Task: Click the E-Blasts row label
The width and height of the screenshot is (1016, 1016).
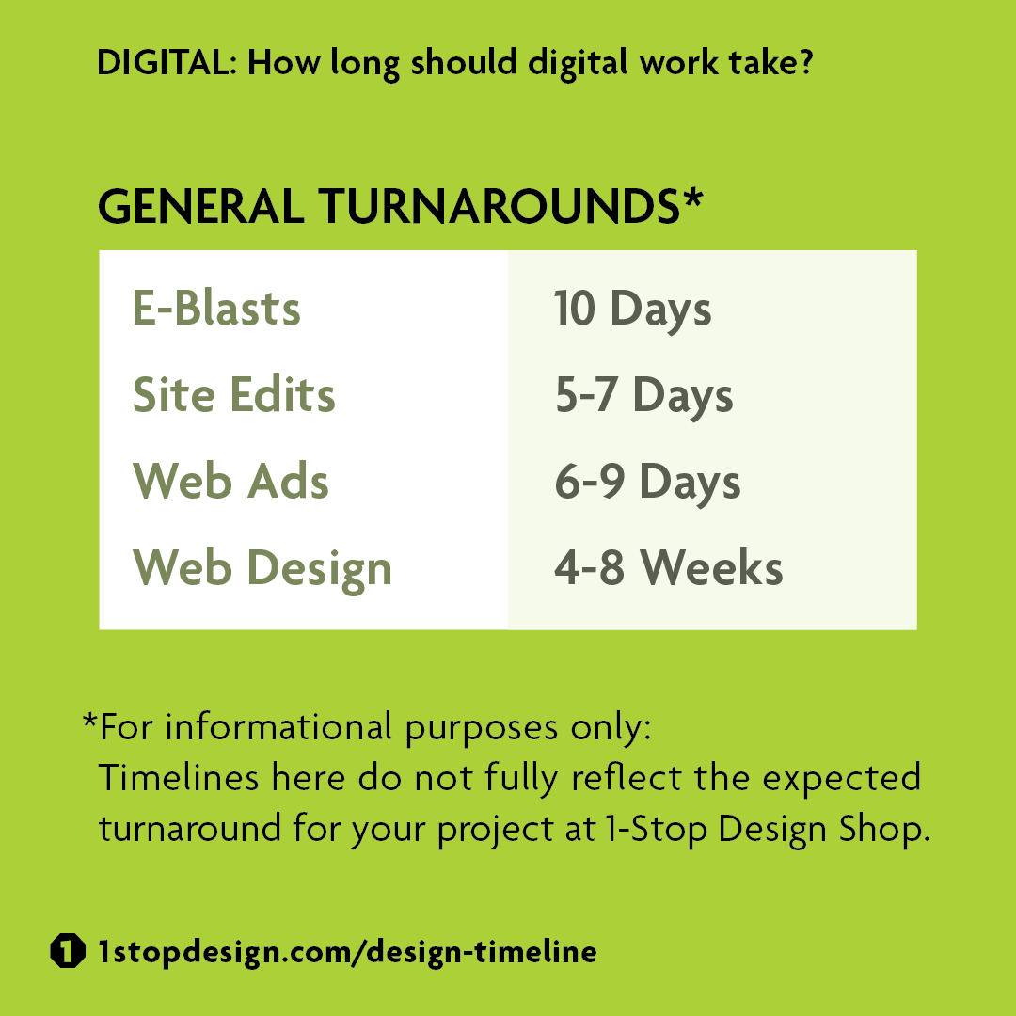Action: pyautogui.click(x=216, y=309)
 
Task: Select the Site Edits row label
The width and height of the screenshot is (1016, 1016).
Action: pyautogui.click(x=234, y=395)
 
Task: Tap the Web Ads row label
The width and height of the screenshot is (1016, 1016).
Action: pyautogui.click(x=231, y=482)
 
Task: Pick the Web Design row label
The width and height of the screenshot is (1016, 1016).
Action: pyautogui.click(x=262, y=569)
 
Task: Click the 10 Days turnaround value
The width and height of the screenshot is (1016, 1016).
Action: pyautogui.click(x=632, y=309)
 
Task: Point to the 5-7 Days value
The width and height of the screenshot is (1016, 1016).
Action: pyautogui.click(x=643, y=396)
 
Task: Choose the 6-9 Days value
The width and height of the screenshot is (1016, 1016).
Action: pyautogui.click(x=647, y=483)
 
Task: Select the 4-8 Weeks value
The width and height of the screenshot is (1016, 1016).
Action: pyautogui.click(x=668, y=569)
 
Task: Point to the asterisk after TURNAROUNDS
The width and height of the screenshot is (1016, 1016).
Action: pyautogui.click(x=692, y=200)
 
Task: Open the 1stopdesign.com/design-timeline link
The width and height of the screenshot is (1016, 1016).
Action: pyautogui.click(x=347, y=951)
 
